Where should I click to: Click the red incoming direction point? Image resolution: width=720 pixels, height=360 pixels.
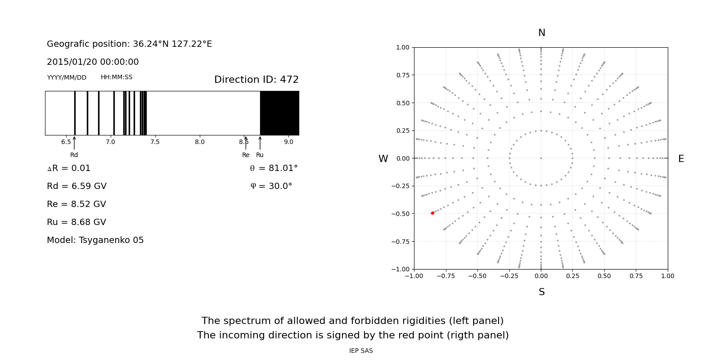[x=432, y=213]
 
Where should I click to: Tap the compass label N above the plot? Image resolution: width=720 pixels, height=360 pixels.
[x=541, y=33]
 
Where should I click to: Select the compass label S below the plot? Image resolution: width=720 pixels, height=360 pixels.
[x=541, y=292]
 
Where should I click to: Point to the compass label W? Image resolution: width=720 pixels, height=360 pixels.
[x=383, y=159]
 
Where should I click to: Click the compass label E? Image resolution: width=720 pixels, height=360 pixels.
[x=681, y=159]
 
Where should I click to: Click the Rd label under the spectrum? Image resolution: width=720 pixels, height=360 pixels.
[x=74, y=155]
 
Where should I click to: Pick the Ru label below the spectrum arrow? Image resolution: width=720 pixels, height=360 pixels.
[x=260, y=155]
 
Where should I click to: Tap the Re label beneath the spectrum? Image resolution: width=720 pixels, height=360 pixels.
[x=246, y=155]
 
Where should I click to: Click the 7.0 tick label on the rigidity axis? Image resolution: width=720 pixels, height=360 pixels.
[x=110, y=142]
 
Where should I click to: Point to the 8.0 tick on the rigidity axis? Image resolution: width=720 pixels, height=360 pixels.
[x=199, y=142]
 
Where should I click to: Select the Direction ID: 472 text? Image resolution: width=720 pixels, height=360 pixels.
[x=256, y=80]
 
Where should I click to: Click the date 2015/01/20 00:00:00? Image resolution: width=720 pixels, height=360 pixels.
[x=93, y=62]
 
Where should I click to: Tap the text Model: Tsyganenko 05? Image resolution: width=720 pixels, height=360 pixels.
[x=95, y=240]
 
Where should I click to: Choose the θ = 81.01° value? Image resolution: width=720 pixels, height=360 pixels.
[x=274, y=168]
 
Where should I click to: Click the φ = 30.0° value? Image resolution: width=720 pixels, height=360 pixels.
[x=271, y=186]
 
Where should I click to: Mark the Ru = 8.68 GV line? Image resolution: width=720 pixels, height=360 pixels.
[x=76, y=222]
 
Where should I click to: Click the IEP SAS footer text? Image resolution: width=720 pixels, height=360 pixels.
[x=361, y=351]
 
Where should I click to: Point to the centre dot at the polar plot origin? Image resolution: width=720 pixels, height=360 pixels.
[x=541, y=158]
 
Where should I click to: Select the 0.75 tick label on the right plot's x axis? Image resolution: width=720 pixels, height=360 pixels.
[x=636, y=276]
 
